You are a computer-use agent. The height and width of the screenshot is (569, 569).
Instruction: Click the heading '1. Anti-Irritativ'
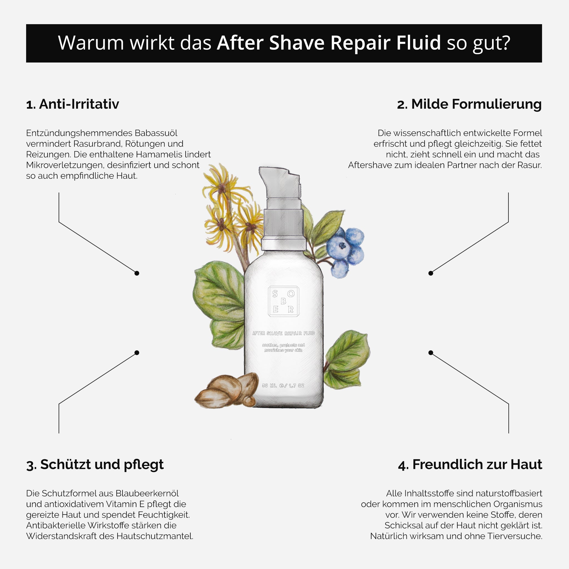(73, 104)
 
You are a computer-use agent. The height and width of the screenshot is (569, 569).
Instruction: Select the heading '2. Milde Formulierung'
(469, 104)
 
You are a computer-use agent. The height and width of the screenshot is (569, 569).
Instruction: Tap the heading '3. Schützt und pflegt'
(95, 465)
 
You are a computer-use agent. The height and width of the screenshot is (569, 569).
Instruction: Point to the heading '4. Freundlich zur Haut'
(470, 465)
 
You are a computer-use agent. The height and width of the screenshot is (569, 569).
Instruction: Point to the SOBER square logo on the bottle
(283, 301)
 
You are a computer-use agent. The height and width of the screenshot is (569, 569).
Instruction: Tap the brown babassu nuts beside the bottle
(227, 390)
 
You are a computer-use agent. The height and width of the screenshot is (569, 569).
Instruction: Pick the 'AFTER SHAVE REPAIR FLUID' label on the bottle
(283, 333)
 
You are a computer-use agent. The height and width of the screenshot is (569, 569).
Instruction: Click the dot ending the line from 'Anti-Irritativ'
(137, 273)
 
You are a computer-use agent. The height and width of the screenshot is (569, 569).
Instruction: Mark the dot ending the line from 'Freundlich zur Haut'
(431, 353)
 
